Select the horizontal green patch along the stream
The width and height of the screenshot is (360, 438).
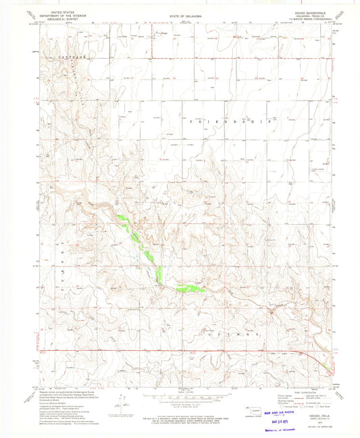pos(190,288)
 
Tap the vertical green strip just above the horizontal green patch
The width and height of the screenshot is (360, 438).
pos(159,274)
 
